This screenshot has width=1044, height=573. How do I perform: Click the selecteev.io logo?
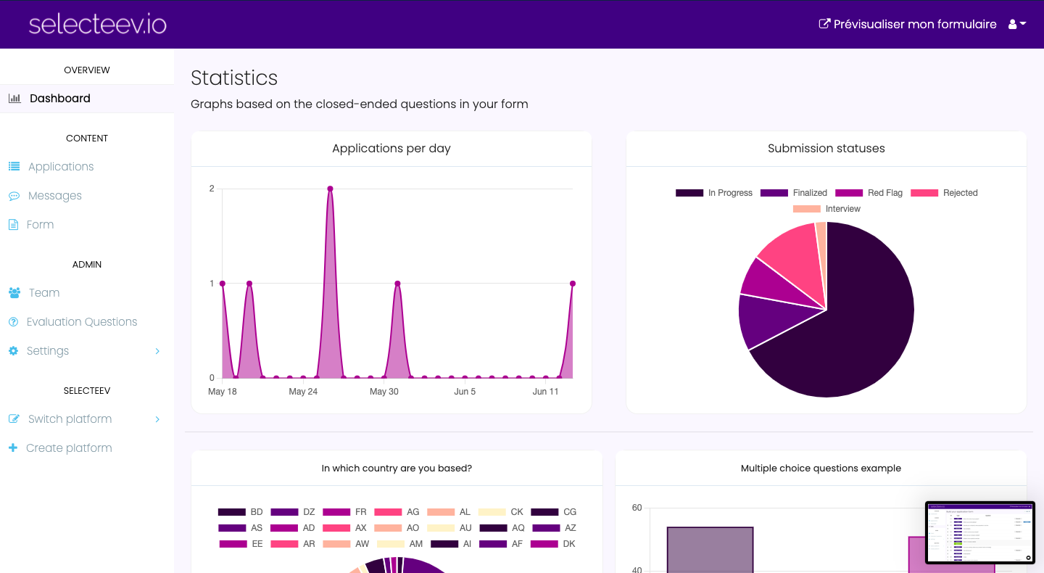[x=98, y=24]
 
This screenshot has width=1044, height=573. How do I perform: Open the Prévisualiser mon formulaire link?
[x=907, y=24]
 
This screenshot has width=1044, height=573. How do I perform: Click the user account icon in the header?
[x=1016, y=24]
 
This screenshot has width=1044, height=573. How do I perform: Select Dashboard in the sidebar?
[x=59, y=99]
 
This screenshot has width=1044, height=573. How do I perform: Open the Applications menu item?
[x=61, y=167]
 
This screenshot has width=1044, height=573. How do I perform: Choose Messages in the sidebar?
[x=54, y=196]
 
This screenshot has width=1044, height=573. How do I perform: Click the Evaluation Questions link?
[x=81, y=322]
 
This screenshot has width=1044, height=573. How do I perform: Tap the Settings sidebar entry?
[x=48, y=351]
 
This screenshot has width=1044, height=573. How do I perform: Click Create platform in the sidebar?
[x=69, y=448]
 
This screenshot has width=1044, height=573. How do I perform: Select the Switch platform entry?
[x=70, y=419]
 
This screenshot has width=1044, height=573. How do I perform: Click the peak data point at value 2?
[x=330, y=189]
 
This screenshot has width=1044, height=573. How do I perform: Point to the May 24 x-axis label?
[x=303, y=392]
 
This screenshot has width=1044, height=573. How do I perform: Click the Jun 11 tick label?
[x=545, y=392]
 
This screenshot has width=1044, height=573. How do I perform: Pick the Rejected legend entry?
[x=944, y=193]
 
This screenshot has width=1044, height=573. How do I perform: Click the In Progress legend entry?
[x=714, y=193]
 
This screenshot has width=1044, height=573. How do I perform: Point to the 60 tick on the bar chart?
[x=637, y=508]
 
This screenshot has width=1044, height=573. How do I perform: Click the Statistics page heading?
[x=234, y=78]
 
